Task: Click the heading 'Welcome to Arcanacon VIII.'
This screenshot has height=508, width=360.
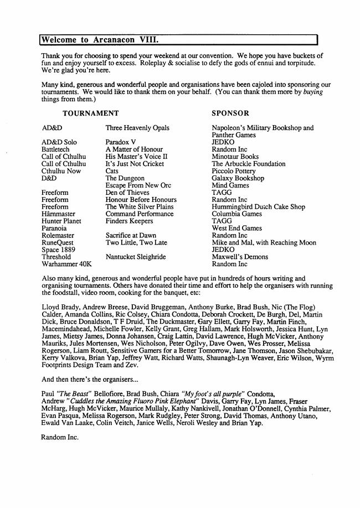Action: (x=100, y=40)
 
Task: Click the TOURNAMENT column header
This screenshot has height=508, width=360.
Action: (x=90, y=113)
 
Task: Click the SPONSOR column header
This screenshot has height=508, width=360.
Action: (x=230, y=113)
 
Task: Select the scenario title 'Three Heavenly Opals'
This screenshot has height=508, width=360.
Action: (x=137, y=128)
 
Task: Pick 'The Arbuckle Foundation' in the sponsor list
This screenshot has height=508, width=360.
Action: (x=249, y=164)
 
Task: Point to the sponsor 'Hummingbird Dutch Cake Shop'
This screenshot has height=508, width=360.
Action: (x=258, y=207)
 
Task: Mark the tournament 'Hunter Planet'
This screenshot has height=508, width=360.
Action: (x=61, y=221)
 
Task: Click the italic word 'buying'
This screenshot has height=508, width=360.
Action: (x=313, y=92)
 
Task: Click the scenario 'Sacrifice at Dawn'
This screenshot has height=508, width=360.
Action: (x=131, y=235)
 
